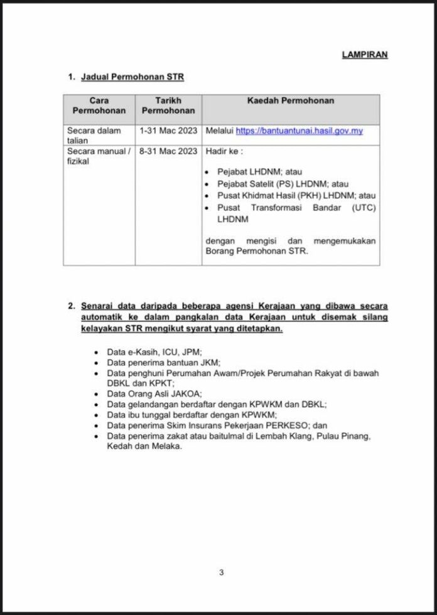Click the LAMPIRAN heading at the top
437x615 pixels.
(364, 55)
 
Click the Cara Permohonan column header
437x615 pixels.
(99, 105)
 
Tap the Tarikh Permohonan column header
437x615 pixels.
(168, 105)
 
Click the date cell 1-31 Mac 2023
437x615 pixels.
(168, 131)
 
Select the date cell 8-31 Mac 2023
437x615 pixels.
(168, 151)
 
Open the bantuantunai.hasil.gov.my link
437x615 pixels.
(299, 131)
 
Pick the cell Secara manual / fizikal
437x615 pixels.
(99, 156)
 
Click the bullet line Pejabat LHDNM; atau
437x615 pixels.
(251, 171)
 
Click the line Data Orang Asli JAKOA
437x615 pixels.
(154, 393)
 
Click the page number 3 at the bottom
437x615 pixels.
(221, 572)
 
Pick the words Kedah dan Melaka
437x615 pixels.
(144, 446)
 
